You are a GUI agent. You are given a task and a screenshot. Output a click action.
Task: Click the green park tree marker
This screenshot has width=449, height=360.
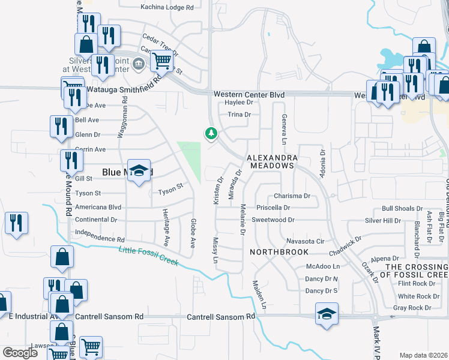(x=211, y=133)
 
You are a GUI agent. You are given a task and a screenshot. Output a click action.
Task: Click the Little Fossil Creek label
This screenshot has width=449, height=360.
(x=148, y=257)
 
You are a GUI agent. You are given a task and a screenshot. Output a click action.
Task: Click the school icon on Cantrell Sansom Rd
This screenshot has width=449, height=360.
(x=327, y=314)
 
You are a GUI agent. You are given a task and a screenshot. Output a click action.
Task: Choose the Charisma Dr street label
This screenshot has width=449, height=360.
(x=291, y=196)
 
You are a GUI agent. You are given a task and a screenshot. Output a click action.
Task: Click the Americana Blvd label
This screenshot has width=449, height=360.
(x=98, y=207)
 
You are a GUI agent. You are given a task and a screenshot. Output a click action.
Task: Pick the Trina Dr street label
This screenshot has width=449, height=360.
(x=238, y=114)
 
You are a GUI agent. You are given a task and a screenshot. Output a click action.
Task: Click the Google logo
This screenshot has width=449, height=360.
(x=20, y=353)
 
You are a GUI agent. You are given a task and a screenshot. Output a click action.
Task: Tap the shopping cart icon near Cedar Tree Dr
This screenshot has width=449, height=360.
(x=161, y=60)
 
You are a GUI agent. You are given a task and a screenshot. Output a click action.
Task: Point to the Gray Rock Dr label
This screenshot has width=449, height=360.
(x=411, y=308)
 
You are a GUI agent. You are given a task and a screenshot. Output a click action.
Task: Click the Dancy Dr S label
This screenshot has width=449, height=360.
(x=322, y=291)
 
